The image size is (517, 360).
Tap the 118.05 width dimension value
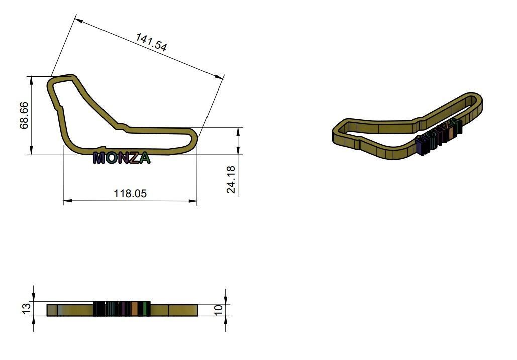(x=130, y=193)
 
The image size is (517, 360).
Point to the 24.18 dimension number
(x=231, y=179)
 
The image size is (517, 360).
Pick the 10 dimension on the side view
(x=219, y=310)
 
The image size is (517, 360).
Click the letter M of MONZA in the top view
(x=99, y=158)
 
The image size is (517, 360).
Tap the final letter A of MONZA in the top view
(x=144, y=158)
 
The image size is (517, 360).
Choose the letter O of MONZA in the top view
(x=111, y=158)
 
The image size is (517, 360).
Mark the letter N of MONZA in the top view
(x=123, y=158)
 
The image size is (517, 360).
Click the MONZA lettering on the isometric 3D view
(x=438, y=135)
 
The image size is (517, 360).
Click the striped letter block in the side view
(x=122, y=309)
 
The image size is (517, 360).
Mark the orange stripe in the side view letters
(x=134, y=309)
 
